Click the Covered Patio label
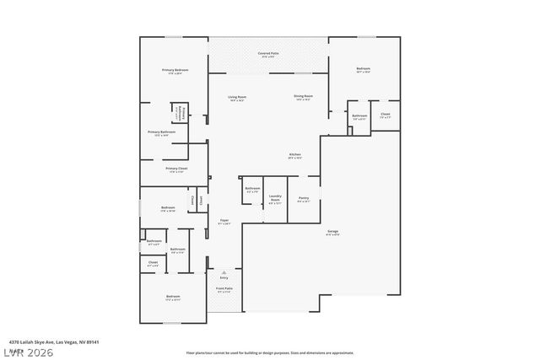pyautogui.click(x=269, y=54)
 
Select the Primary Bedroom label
pyautogui.click(x=174, y=70)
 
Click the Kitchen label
pyautogui.click(x=295, y=155)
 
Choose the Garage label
pyautogui.click(x=333, y=232)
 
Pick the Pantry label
pyautogui.click(x=304, y=199)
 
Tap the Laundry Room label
pyautogui.click(x=275, y=199)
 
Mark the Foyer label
pyautogui.click(x=224, y=222)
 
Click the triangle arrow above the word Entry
pyautogui.click(x=224, y=271)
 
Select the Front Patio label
pyautogui.click(x=224, y=289)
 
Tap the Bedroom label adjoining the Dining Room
pyautogui.click(x=363, y=70)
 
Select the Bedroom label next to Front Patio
pyautogui.click(x=173, y=298)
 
